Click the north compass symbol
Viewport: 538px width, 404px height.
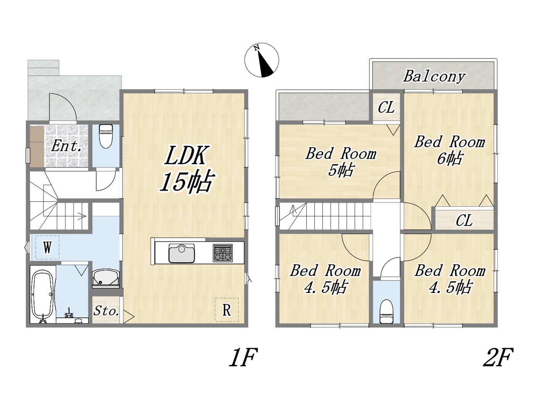(x=261, y=60)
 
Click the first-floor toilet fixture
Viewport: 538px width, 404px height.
(x=106, y=136)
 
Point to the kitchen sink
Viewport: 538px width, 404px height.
(x=182, y=253)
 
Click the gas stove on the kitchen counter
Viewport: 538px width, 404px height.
(x=222, y=253)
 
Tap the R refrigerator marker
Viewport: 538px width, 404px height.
(x=227, y=310)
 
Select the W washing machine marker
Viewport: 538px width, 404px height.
(x=47, y=247)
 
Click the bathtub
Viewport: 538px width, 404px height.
(x=43, y=295)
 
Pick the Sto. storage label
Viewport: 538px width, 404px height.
(x=106, y=311)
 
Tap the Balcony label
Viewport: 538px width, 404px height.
(x=434, y=77)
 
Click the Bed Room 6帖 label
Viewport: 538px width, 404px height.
(x=449, y=150)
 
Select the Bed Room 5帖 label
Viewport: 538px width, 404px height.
(x=341, y=162)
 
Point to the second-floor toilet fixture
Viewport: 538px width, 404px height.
(x=386, y=311)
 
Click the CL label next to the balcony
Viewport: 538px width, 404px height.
(x=386, y=107)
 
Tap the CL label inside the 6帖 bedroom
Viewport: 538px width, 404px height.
(x=464, y=220)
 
